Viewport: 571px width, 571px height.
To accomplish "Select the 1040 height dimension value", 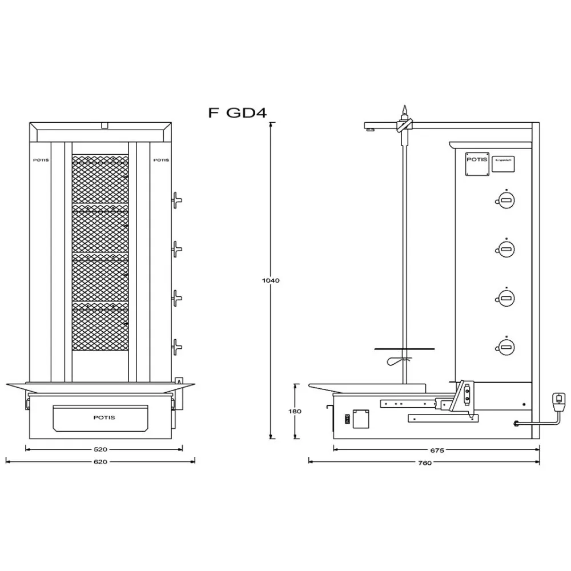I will [270, 280].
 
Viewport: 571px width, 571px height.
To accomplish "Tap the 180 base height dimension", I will [295, 411].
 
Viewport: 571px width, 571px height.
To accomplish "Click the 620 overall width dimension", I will [100, 461].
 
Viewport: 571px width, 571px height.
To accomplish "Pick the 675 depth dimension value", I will [437, 450].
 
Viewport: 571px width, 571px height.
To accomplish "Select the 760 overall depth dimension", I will [424, 463].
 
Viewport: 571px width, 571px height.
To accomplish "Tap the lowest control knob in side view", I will [505, 345].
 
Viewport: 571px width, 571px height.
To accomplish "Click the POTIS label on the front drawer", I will [104, 417].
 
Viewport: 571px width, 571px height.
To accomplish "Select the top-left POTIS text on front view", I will [41, 160].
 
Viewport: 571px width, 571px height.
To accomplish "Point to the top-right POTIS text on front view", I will [162, 160].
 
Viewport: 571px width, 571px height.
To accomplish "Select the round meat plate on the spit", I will [404, 348].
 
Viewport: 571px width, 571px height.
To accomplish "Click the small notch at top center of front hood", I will [103, 124].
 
